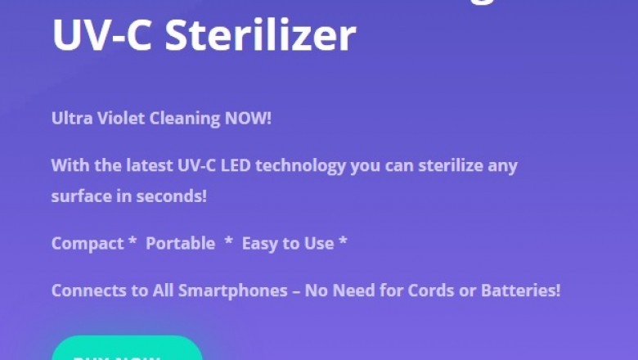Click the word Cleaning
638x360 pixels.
coord(185,119)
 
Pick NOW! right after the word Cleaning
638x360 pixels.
coord(248,119)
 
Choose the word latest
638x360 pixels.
coord(148,165)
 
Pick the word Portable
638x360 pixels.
coord(181,244)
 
